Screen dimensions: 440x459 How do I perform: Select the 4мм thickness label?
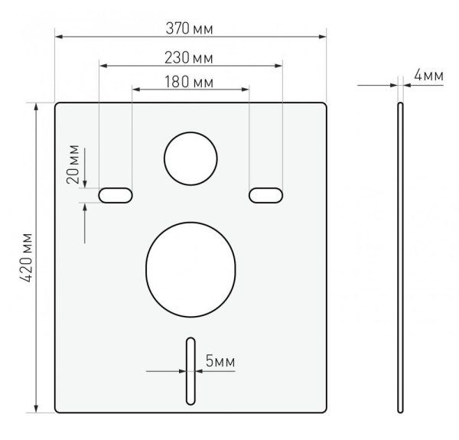click(428, 75)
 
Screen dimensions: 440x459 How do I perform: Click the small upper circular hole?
click(190, 158)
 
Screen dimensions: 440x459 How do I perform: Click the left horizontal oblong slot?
click(115, 195)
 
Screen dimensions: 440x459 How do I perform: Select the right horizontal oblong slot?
click(265, 195)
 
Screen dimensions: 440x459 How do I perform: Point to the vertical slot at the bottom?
click(188, 370)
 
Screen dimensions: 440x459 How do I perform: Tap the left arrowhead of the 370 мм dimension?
click(59, 36)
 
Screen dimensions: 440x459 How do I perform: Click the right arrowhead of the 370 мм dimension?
click(322, 36)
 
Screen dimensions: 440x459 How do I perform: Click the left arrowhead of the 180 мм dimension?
click(136, 90)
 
